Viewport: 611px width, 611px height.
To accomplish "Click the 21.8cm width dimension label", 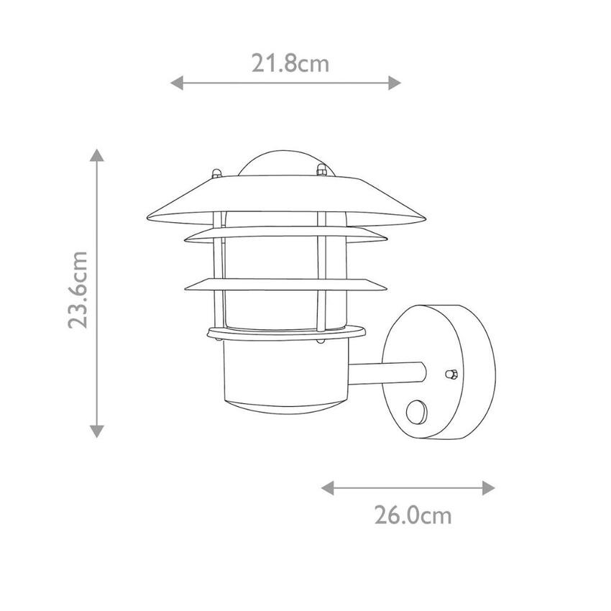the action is click(x=290, y=63).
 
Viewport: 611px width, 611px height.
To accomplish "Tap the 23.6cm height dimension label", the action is click(x=78, y=290).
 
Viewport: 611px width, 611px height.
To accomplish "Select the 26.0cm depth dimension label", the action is click(x=413, y=515).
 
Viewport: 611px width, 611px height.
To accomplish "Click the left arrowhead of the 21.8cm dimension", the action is click(x=177, y=83).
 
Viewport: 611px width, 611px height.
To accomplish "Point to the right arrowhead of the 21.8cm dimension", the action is click(x=395, y=83).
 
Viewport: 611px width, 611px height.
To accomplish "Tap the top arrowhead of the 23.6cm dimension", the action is click(x=96, y=155).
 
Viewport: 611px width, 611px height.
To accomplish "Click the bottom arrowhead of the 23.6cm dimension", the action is click(x=96, y=431).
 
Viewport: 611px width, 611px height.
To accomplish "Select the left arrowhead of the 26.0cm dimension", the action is click(x=327, y=488).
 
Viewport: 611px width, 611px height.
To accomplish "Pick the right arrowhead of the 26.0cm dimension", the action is click(x=489, y=488).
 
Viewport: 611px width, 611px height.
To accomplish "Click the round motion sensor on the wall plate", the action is click(x=416, y=413).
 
